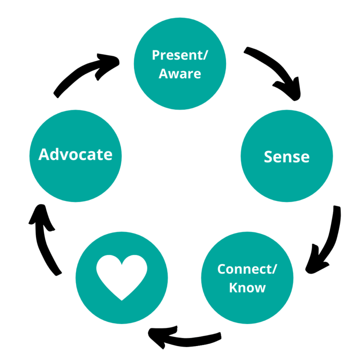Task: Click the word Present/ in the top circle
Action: tap(180, 55)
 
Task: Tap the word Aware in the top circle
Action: tap(180, 74)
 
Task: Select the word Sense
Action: tap(286, 157)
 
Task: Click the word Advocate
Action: tap(75, 154)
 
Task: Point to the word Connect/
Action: tap(247, 270)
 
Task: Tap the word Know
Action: tap(247, 287)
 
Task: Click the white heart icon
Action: tap(121, 277)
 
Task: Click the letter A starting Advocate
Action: tap(45, 154)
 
